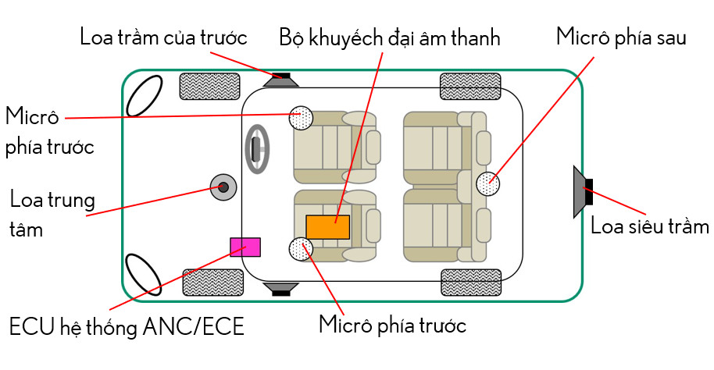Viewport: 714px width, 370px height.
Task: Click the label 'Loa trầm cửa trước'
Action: pyautogui.click(x=163, y=37)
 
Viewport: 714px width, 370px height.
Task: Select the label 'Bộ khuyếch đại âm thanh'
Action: pyautogui.click(x=389, y=37)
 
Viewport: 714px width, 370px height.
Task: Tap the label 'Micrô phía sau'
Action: pyautogui.click(x=620, y=37)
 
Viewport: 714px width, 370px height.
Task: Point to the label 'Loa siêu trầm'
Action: pyautogui.click(x=649, y=226)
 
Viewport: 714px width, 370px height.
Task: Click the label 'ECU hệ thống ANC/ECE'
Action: pyautogui.click(x=127, y=327)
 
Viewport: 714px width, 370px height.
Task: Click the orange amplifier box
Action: pyautogui.click(x=327, y=226)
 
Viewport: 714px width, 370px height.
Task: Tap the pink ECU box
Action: pyautogui.click(x=245, y=247)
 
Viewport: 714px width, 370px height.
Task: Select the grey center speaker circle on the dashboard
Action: pyautogui.click(x=223, y=187)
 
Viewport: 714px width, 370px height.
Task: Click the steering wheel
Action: pyautogui.click(x=257, y=146)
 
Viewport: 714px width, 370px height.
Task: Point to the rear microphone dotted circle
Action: pyautogui.click(x=488, y=184)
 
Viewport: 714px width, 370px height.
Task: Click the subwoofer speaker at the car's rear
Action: pyautogui.click(x=583, y=191)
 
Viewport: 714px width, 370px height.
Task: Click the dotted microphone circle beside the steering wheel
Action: pyautogui.click(x=301, y=117)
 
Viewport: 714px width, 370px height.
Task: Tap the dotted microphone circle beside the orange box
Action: pyautogui.click(x=301, y=249)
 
